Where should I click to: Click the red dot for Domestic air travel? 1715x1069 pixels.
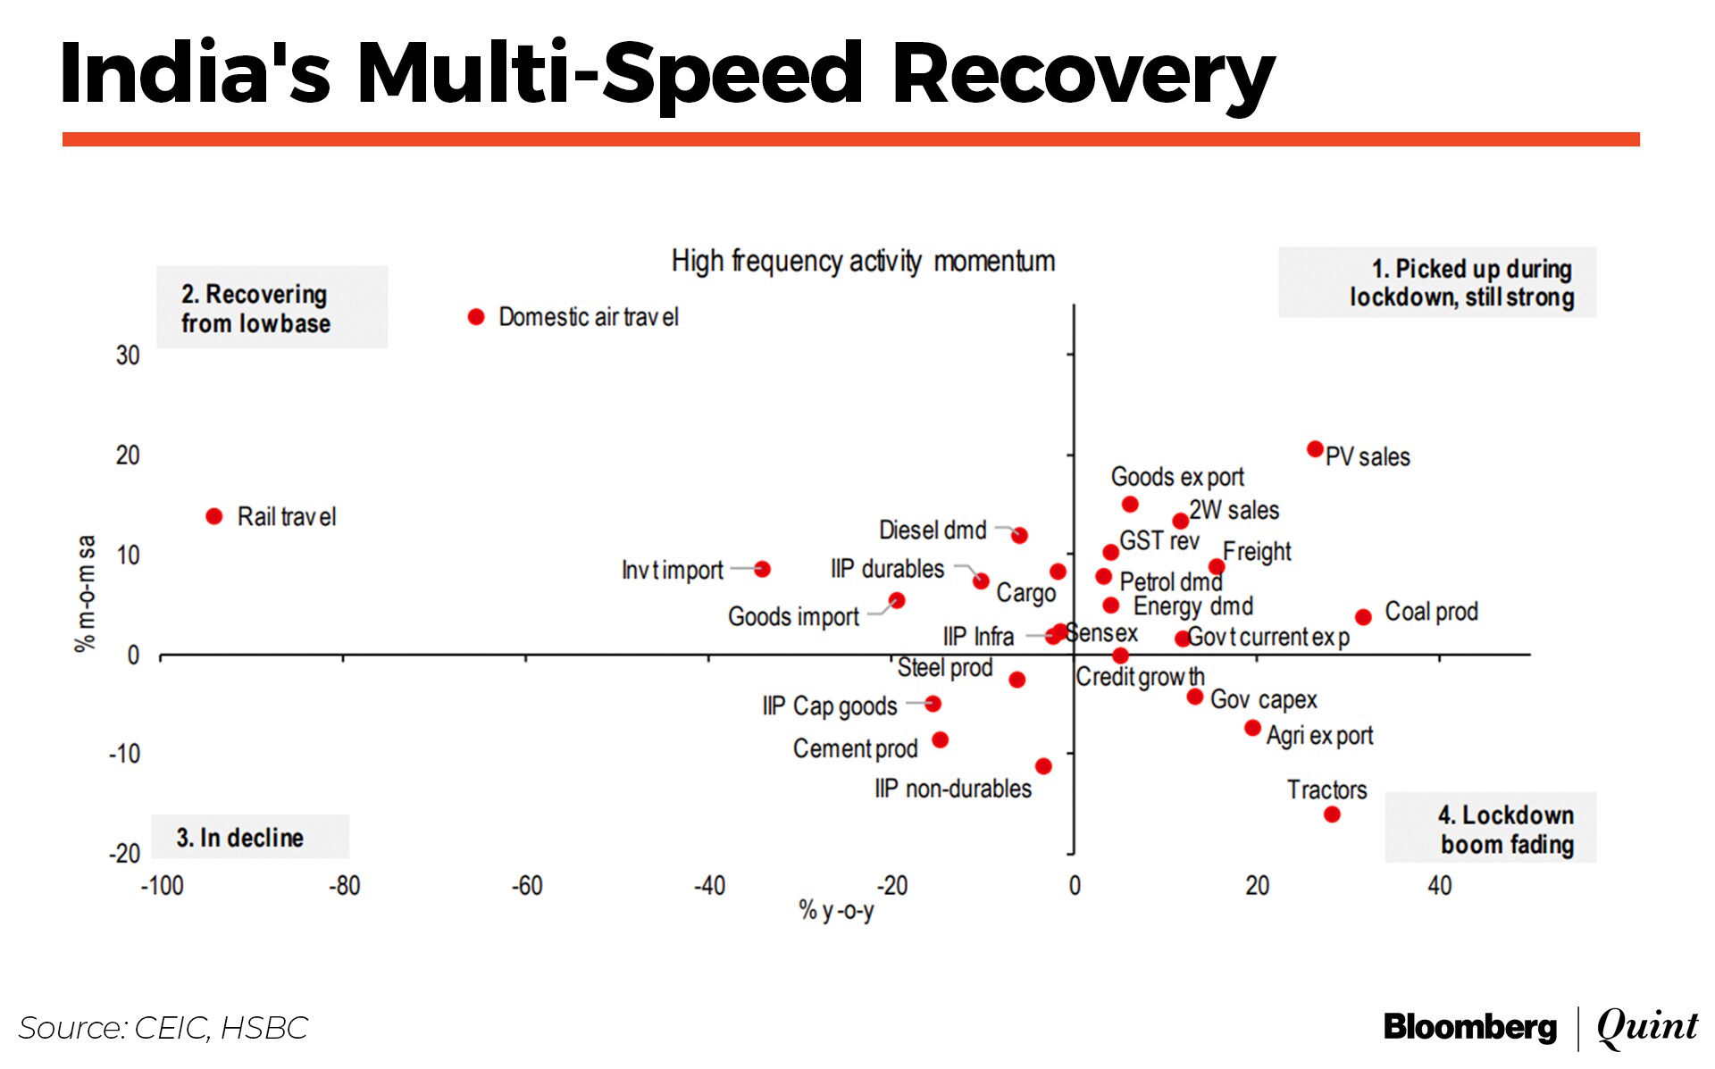click(476, 317)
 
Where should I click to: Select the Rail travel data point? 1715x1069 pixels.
click(214, 516)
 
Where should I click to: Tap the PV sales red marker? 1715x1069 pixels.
click(1315, 449)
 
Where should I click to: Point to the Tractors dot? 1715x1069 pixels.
click(1332, 814)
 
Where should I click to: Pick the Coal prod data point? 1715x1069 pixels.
click(1363, 617)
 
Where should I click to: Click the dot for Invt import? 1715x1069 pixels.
click(762, 569)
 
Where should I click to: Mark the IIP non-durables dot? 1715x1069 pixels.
click(1043, 766)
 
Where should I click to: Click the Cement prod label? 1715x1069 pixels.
click(855, 748)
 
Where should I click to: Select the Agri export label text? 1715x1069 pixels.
click(1319, 736)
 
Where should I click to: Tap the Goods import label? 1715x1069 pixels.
click(793, 616)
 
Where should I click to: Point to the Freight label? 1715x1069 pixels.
click(1257, 552)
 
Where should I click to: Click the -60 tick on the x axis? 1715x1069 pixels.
click(527, 886)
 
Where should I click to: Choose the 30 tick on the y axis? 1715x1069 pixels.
click(128, 355)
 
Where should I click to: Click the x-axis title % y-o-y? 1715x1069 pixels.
click(836, 911)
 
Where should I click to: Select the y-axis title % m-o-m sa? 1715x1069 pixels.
click(86, 594)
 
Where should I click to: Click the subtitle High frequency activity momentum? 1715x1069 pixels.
click(863, 262)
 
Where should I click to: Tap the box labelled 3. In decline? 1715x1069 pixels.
click(250, 837)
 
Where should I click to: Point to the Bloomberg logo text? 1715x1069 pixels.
click(1470, 1027)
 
